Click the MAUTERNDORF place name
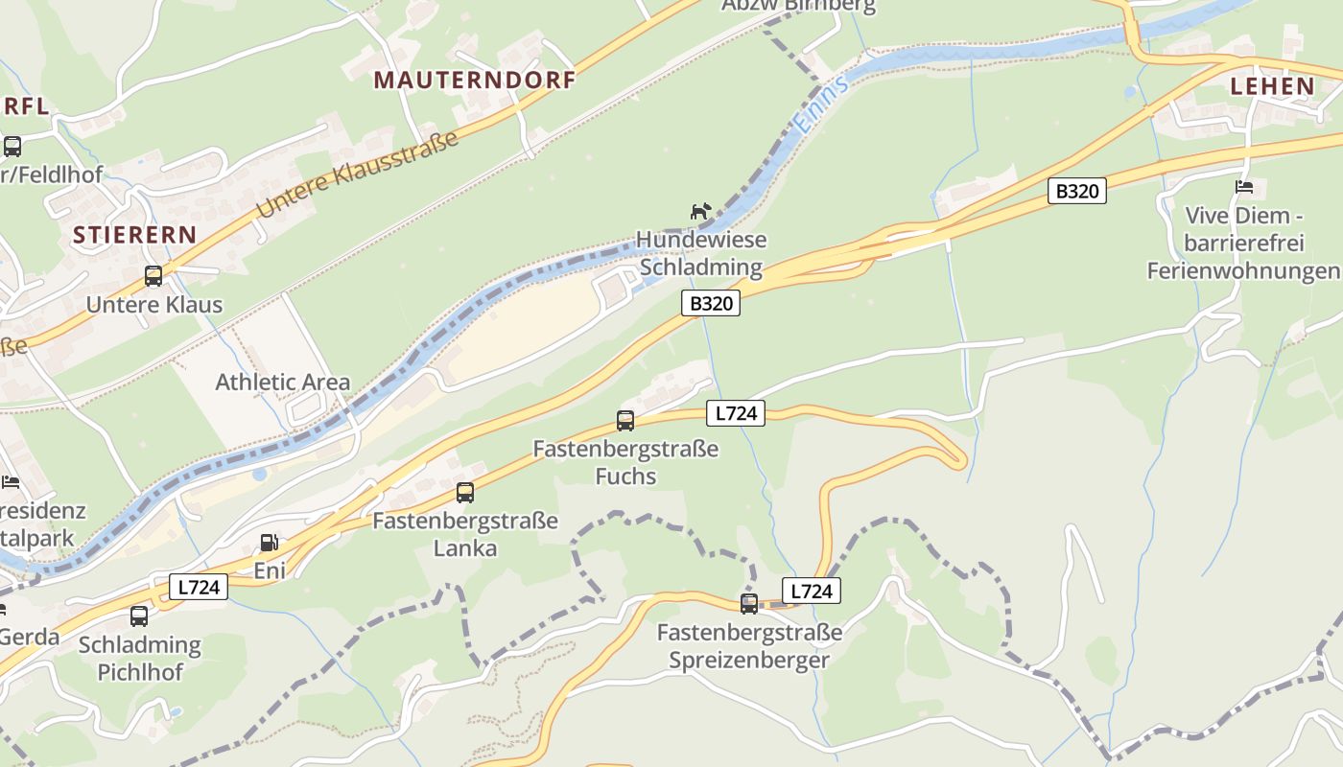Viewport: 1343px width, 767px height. tap(475, 81)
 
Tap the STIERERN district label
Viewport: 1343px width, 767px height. tap(134, 235)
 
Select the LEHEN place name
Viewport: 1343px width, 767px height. tap(1273, 86)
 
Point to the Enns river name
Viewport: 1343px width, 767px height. tap(821, 105)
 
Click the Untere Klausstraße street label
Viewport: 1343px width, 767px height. tap(357, 174)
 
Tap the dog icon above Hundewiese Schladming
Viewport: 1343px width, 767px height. tap(702, 210)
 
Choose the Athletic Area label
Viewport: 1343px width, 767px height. tap(283, 382)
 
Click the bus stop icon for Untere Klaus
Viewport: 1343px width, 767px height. tap(153, 276)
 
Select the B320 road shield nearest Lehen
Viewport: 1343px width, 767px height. tap(1077, 191)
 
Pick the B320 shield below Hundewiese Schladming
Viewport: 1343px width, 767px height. tap(711, 304)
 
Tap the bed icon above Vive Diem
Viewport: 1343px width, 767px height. tap(1244, 187)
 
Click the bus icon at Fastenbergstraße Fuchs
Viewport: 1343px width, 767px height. tap(625, 420)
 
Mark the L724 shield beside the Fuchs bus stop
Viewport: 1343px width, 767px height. tap(736, 413)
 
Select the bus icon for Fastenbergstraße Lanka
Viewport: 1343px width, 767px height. tap(465, 493)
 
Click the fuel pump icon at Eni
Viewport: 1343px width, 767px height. tap(270, 543)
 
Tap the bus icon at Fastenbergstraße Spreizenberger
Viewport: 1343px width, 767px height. tap(749, 604)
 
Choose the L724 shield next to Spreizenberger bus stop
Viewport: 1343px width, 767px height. tap(812, 591)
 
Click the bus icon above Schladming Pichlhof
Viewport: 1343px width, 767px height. tap(140, 616)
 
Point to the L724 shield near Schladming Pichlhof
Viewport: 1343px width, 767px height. tap(199, 587)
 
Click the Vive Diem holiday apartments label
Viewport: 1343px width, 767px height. tap(1243, 243)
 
